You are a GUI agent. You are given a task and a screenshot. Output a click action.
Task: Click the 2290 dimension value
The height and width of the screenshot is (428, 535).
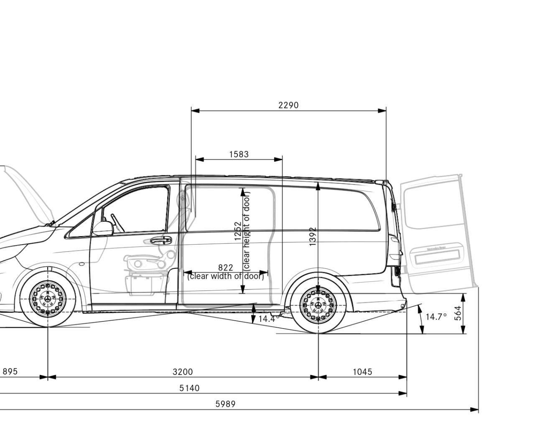(288, 105)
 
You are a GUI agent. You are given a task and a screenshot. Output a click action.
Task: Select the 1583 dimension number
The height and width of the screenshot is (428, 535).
(239, 154)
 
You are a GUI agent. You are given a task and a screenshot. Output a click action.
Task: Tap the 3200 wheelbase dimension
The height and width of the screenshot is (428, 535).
(183, 372)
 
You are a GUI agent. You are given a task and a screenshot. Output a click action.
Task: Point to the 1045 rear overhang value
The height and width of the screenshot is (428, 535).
(362, 372)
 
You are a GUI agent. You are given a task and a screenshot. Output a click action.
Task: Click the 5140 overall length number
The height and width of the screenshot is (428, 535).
(189, 388)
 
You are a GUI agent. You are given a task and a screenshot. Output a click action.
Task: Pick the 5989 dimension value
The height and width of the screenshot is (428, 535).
(225, 404)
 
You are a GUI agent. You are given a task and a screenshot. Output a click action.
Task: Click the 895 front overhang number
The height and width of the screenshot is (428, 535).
(10, 372)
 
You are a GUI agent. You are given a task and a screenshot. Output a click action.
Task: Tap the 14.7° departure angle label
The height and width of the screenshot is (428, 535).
(436, 317)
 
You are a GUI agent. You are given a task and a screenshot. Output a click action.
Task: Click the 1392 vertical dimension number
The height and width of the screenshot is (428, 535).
(313, 237)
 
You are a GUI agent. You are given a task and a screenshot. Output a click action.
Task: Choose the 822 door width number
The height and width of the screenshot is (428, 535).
(226, 267)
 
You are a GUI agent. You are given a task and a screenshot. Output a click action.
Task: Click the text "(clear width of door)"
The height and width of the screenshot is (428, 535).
(225, 276)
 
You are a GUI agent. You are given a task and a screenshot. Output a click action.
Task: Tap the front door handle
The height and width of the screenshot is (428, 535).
(161, 240)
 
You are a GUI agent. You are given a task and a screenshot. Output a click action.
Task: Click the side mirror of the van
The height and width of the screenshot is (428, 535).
(103, 229)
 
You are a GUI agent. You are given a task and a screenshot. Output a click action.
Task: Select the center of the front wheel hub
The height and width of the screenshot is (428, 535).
(48, 299)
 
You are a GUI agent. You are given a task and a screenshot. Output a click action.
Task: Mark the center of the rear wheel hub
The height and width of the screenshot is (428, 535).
(318, 305)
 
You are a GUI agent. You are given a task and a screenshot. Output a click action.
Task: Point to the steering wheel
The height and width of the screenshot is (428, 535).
(117, 223)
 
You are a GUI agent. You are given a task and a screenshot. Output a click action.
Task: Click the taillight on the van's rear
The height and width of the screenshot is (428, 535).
(395, 249)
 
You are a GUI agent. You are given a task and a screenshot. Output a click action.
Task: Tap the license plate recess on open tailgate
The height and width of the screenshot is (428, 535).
(437, 257)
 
